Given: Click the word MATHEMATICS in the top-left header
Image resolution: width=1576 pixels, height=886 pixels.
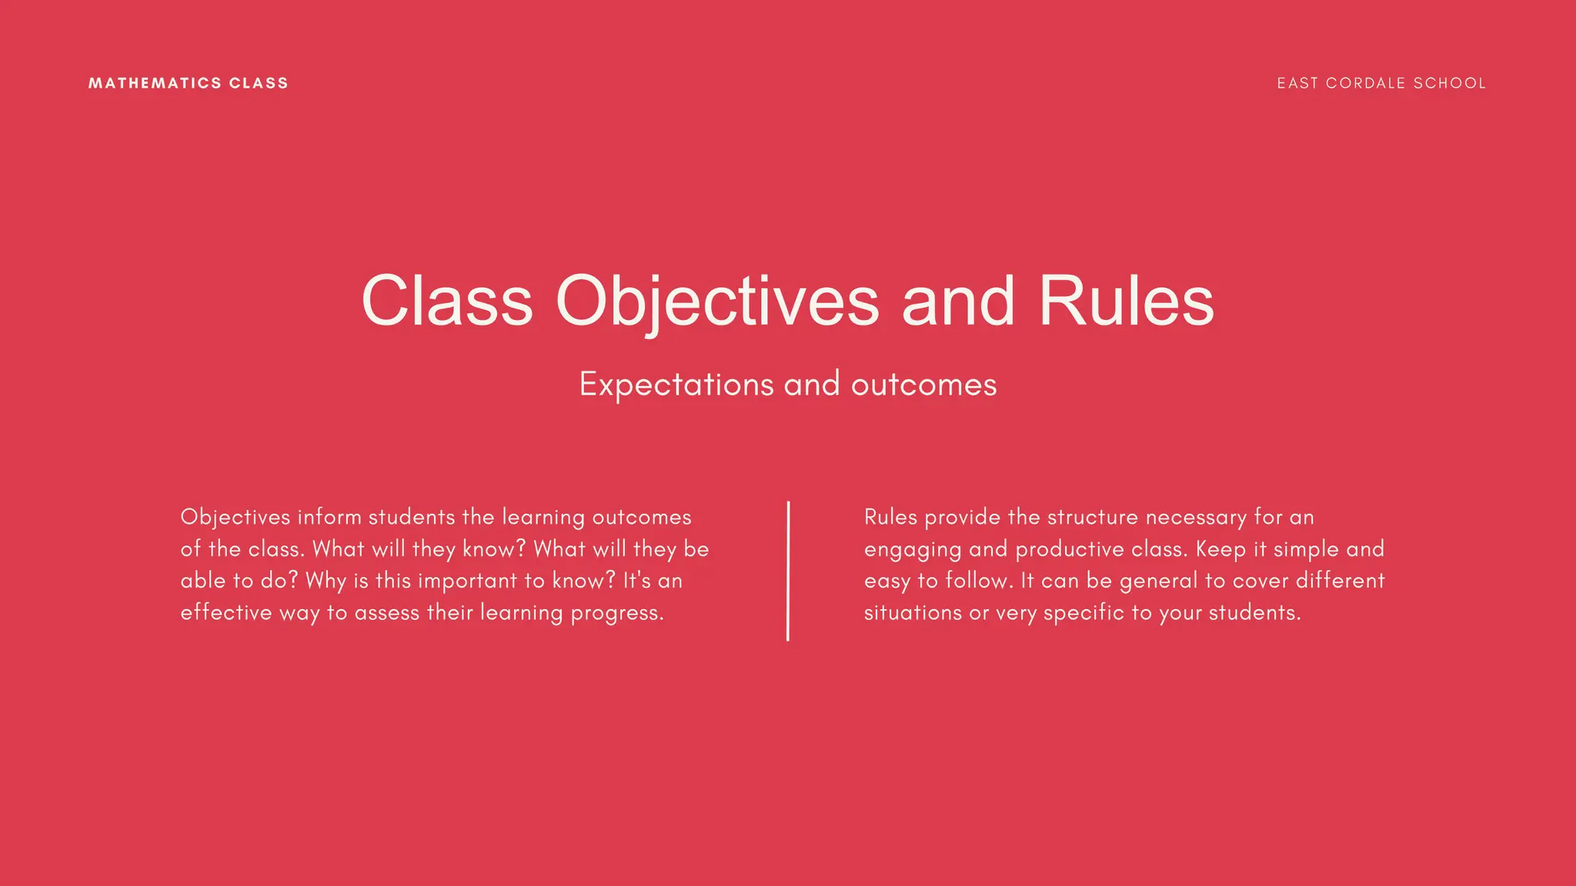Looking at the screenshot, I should coord(155,83).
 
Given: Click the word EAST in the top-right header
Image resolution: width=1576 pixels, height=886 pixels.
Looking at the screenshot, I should coord(1297,83).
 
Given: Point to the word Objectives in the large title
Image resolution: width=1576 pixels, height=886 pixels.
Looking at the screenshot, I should coord(717,301).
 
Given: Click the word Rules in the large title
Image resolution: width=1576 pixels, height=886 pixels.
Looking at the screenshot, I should coord(1126,301).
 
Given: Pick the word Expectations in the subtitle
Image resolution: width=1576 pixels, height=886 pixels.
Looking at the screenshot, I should coord(676,385).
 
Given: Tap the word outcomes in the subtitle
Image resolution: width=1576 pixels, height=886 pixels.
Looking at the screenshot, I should coord(923,385).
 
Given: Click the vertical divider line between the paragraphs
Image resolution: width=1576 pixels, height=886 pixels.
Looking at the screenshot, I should coord(788,571).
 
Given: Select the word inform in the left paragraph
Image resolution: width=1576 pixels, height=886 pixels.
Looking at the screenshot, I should coord(329,517).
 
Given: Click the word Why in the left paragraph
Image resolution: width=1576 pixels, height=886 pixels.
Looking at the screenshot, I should coord(326,581).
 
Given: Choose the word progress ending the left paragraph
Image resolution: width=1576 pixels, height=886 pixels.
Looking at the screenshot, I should coord(616,613).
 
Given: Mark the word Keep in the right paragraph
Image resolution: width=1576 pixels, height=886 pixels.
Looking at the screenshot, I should coord(1220,549).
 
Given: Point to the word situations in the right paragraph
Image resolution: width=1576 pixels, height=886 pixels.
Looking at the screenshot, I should coord(913,613).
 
